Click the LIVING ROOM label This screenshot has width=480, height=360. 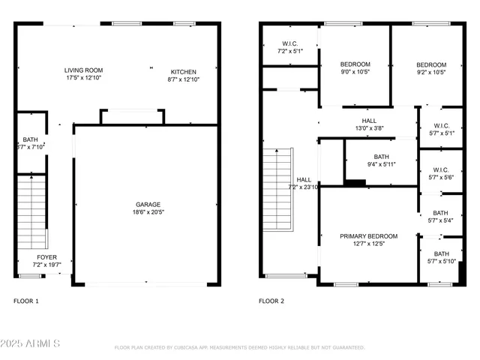(82, 70)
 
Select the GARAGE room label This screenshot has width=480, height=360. (148, 204)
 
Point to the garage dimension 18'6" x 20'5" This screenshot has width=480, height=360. (148, 212)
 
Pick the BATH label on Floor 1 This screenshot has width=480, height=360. (30, 139)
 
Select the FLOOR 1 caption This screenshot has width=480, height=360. (26, 301)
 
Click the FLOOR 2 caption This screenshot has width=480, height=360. (271, 301)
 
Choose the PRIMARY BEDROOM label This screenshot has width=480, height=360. (368, 236)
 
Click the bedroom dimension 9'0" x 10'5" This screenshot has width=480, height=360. (355, 73)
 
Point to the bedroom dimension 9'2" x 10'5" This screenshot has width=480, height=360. (431, 73)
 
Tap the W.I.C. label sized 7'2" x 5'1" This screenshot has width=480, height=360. (290, 52)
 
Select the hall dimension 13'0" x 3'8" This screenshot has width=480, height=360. (369, 129)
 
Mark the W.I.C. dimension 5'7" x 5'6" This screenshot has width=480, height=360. (441, 178)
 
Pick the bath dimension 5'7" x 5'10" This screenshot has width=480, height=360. (441, 262)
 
